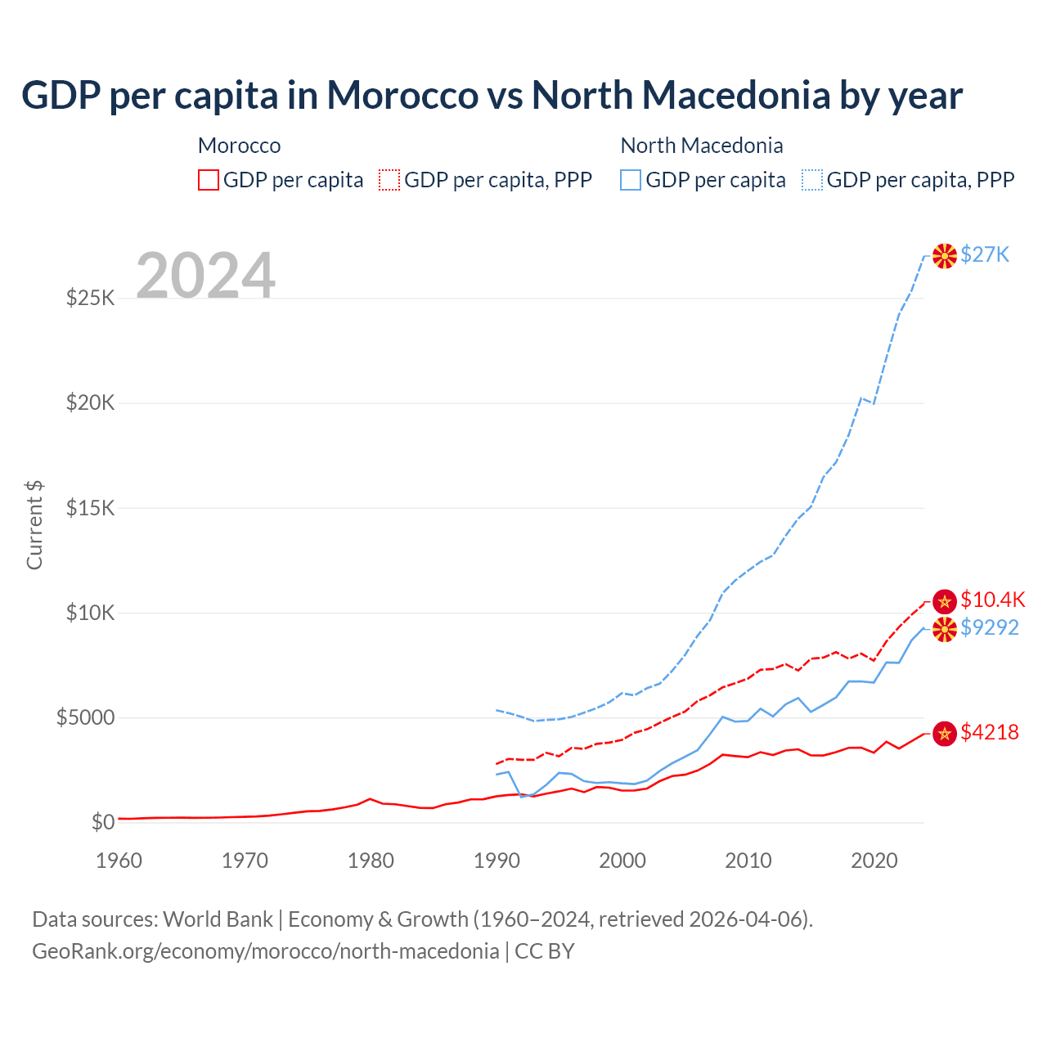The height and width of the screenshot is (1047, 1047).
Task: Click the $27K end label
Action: click(985, 255)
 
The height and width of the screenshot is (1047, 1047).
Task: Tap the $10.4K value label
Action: click(992, 600)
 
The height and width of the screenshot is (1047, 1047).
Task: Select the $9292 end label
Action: click(989, 628)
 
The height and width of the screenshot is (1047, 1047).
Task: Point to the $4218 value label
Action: click(989, 733)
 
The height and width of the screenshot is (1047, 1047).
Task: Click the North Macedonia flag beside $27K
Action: click(945, 256)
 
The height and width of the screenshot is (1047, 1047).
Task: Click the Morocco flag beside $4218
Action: click(945, 734)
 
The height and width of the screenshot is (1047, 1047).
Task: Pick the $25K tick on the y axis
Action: click(90, 298)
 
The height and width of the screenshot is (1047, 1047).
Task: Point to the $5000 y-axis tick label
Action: click(85, 718)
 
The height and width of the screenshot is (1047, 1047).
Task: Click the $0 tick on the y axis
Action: click(102, 823)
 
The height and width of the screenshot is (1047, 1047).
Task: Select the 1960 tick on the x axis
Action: click(119, 861)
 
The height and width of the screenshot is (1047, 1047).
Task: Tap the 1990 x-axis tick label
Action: click(497, 861)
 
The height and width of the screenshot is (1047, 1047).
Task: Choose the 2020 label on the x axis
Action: click(874, 861)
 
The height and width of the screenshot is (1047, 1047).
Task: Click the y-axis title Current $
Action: click(34, 525)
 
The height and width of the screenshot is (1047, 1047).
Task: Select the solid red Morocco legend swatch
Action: click(209, 180)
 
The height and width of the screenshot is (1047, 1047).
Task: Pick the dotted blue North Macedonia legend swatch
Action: click(812, 180)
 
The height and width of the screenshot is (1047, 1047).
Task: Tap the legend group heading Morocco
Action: click(239, 146)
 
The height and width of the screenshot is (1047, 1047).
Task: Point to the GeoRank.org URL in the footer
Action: click(265, 951)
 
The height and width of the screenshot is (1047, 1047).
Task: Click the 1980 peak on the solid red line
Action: click(371, 798)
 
